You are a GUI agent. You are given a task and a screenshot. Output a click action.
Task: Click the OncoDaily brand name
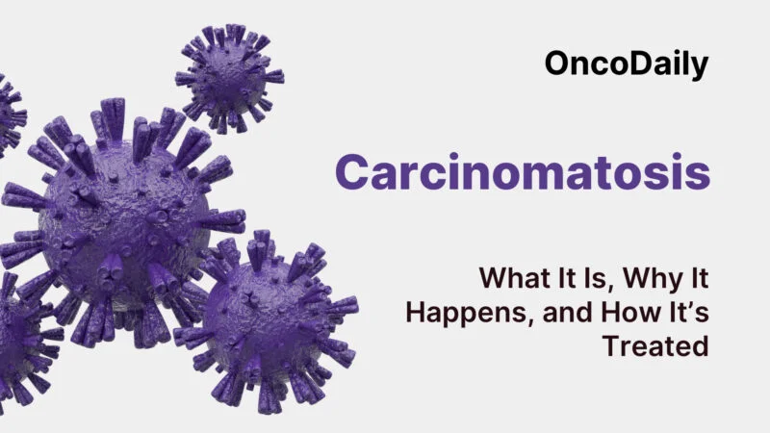point(627,64)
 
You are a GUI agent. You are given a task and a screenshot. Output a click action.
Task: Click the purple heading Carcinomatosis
point(523,172)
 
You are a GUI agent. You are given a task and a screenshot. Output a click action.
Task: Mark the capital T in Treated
point(610,345)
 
